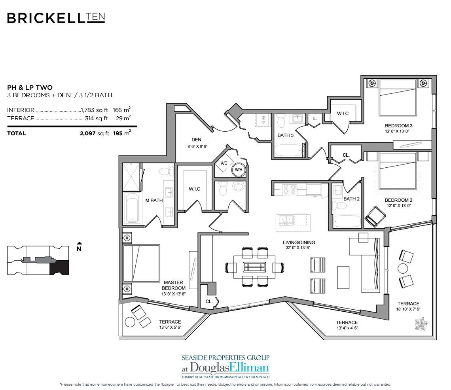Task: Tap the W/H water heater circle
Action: [238, 170]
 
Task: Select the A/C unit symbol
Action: [224, 163]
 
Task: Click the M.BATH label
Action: [154, 201]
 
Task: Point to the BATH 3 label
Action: [285, 135]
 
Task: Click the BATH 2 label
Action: [351, 199]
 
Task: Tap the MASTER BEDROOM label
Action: [173, 282]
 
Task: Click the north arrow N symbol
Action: [79, 248]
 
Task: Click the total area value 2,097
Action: [89, 134]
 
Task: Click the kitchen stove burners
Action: [288, 190]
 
